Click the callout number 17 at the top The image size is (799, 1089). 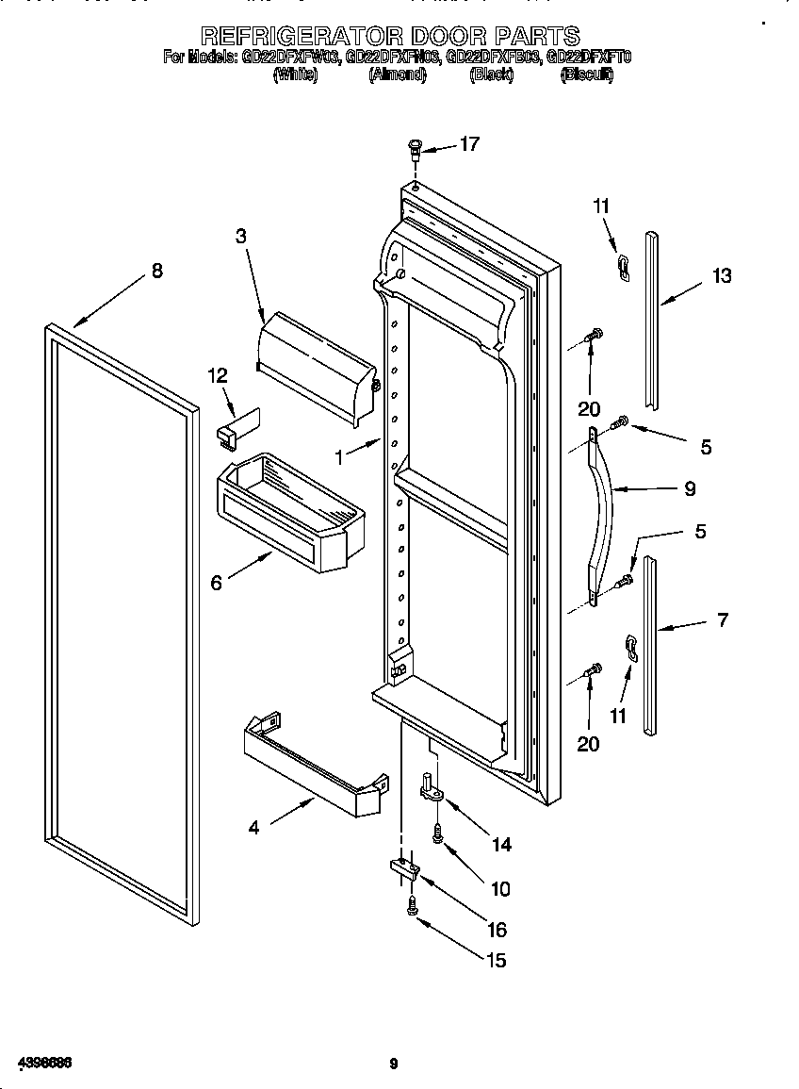[x=469, y=143]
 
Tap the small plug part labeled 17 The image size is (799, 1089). [x=415, y=148]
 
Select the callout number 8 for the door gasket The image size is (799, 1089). [x=156, y=271]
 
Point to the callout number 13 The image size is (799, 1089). [x=721, y=275]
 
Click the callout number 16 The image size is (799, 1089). [x=497, y=930]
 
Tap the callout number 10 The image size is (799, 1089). [x=499, y=888]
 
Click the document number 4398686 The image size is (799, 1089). [x=38, y=1063]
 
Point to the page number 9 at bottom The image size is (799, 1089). [x=394, y=1064]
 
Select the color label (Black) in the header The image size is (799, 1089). [x=491, y=75]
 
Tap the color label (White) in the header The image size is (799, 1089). [x=295, y=75]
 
